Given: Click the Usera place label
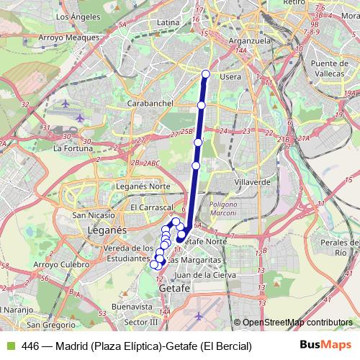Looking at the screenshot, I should [230, 76].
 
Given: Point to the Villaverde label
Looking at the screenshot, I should [253, 182].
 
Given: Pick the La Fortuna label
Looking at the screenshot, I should [71, 148].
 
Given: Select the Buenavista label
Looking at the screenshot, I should [133, 305].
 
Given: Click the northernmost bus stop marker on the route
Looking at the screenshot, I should [206, 73].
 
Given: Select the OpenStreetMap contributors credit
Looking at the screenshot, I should [297, 323].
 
